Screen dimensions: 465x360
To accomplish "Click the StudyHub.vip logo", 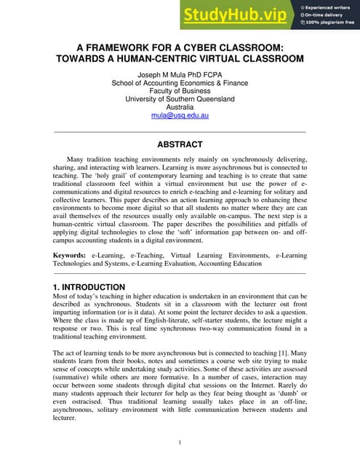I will tap(236, 14).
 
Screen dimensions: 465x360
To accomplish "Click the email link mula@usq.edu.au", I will tap(180, 116).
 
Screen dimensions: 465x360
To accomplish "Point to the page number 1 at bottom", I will tap(180, 442).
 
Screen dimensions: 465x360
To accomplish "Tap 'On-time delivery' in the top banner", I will tap(326, 15).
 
